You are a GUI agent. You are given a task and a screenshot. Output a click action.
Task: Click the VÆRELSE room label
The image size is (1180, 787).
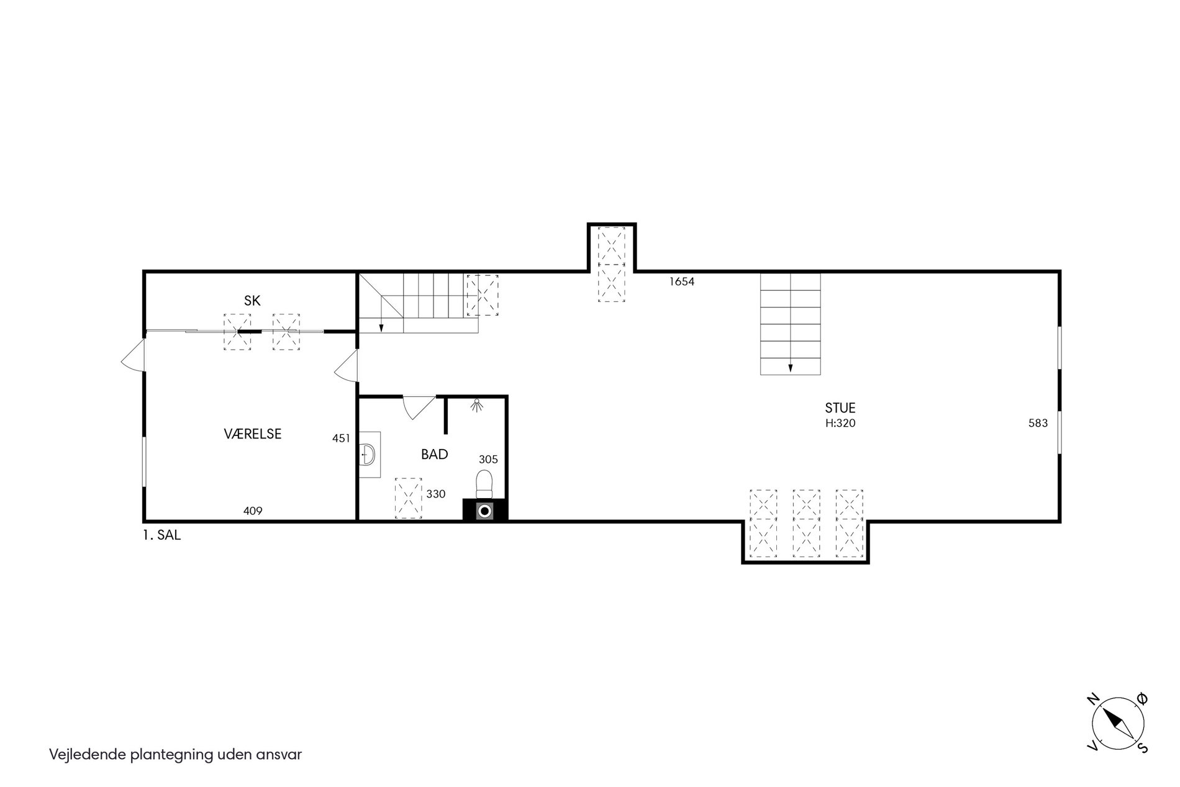252,434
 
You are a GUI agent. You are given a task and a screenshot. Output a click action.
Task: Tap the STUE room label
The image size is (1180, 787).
840,408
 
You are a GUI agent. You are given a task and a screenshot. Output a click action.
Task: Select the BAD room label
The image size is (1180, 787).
434,454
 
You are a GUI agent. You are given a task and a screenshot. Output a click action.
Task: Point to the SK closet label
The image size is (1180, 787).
252,301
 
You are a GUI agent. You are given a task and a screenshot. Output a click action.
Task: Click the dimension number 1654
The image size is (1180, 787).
681,281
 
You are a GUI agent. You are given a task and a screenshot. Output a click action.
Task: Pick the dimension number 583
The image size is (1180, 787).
1038,424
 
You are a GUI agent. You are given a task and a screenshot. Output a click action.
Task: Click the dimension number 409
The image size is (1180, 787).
253,511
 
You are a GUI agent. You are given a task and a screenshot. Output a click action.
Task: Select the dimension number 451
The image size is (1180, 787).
341,439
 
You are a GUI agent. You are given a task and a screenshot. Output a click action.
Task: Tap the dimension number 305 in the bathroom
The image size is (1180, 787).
488,460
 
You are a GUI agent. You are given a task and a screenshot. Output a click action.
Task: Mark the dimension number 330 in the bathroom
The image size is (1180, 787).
435,494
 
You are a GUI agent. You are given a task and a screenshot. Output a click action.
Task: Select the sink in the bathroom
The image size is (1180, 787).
369,455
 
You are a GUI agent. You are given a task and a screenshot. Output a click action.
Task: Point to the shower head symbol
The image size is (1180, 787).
477,404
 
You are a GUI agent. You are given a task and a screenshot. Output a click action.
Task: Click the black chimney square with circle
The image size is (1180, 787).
485,511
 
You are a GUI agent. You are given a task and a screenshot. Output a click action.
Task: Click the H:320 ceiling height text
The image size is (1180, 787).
840,424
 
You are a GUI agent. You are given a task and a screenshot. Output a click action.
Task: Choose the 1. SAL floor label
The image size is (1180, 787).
162,535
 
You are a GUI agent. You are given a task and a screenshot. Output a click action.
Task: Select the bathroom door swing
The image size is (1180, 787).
419,407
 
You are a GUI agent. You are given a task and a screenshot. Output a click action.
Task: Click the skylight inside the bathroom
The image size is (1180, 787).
409,498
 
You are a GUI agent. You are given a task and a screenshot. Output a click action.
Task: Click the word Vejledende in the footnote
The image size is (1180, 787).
88,755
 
